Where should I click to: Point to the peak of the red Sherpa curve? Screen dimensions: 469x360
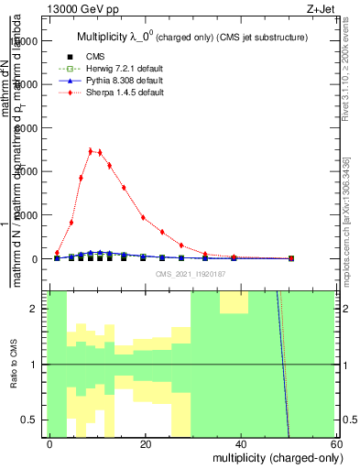pos(91,151)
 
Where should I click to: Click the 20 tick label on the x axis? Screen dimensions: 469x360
pos(146,444)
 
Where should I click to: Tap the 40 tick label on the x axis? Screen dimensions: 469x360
pos(241,444)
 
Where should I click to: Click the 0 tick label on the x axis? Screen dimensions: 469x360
pos(50,444)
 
